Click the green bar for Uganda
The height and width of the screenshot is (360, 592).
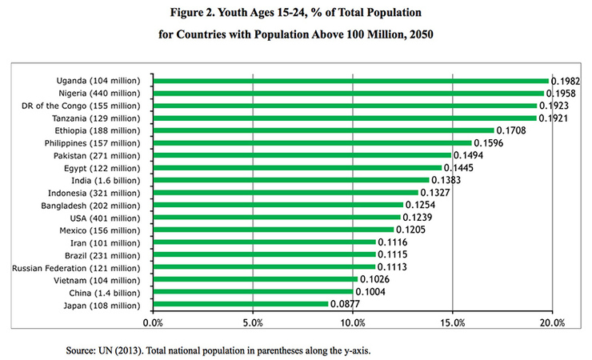tap(351, 81)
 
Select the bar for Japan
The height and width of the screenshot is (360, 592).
tap(241, 304)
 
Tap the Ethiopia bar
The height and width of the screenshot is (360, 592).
tap(324, 130)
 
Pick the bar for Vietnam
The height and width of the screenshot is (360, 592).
tap(256, 279)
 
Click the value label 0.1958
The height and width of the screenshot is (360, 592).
tap(561, 94)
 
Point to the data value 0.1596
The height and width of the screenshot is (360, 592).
tap(489, 143)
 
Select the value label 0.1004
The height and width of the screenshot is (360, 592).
tap(370, 292)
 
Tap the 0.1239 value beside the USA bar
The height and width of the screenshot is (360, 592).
tap(417, 218)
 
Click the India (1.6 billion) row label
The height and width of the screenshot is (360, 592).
tap(106, 181)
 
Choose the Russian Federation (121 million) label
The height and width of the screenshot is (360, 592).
tap(76, 268)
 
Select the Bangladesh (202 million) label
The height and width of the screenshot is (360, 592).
tap(90, 206)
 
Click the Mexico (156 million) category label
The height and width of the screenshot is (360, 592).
tap(100, 230)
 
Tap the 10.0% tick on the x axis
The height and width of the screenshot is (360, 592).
tap(353, 323)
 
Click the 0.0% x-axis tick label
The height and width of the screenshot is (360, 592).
tap(153, 323)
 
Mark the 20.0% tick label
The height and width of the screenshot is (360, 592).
tap(552, 323)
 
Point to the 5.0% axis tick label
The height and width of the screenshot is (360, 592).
tap(253, 323)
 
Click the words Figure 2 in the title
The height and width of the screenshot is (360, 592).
tap(192, 13)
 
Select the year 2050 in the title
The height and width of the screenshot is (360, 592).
tap(422, 34)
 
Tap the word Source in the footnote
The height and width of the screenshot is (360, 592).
tap(81, 350)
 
